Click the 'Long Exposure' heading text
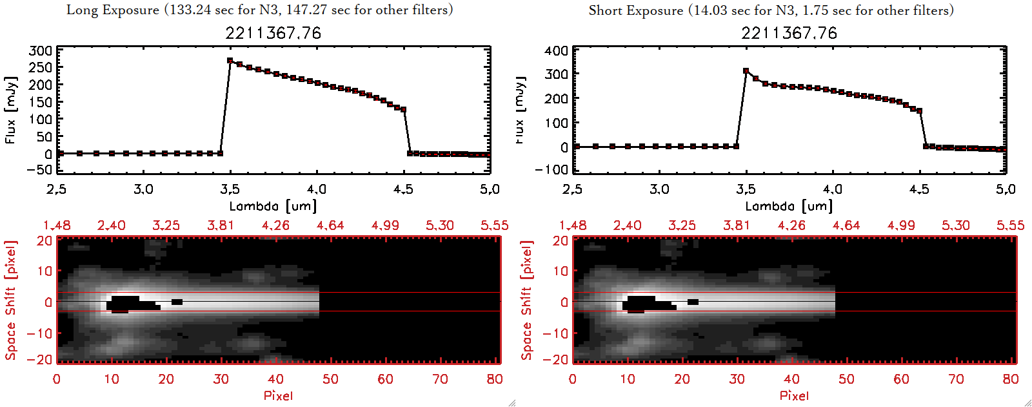(x=113, y=10)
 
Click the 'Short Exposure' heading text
(x=635, y=10)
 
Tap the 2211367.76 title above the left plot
(x=273, y=33)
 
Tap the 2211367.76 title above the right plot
(x=789, y=33)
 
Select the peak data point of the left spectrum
(x=230, y=61)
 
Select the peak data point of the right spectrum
(x=746, y=71)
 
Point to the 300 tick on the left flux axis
(x=41, y=51)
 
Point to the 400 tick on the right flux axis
(x=557, y=51)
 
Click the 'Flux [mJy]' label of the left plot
(x=10, y=110)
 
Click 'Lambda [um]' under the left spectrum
(x=273, y=206)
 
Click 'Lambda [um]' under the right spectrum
(x=789, y=206)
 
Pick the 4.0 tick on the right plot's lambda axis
(x=832, y=189)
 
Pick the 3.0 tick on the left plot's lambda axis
(x=143, y=189)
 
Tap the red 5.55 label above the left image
(x=494, y=225)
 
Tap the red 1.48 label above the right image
(x=573, y=225)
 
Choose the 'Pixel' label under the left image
(x=278, y=395)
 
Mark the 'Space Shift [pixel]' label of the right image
(x=526, y=300)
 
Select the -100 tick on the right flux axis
(x=552, y=169)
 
